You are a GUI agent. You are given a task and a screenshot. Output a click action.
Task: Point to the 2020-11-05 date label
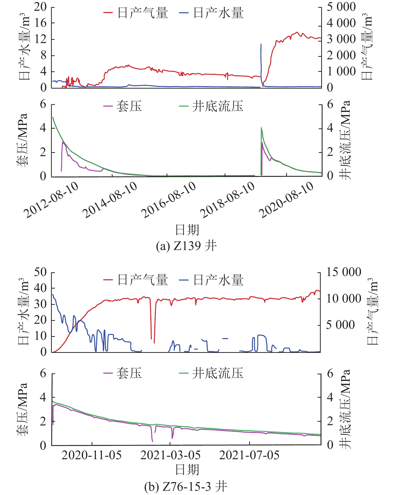point(92,455)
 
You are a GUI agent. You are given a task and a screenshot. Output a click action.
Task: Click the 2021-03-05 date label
point(170,455)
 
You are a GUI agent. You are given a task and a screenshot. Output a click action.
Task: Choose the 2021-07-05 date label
point(249,455)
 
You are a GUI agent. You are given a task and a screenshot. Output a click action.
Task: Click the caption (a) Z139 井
point(186,246)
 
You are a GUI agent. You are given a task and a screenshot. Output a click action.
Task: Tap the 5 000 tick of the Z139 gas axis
point(341,7)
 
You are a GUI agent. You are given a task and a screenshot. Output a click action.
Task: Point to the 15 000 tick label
point(344,272)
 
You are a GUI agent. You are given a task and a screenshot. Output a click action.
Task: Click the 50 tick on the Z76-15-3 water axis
point(40,272)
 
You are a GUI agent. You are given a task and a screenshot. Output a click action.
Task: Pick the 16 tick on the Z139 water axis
point(40,23)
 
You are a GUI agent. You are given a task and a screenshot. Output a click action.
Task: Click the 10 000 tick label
point(344,299)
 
